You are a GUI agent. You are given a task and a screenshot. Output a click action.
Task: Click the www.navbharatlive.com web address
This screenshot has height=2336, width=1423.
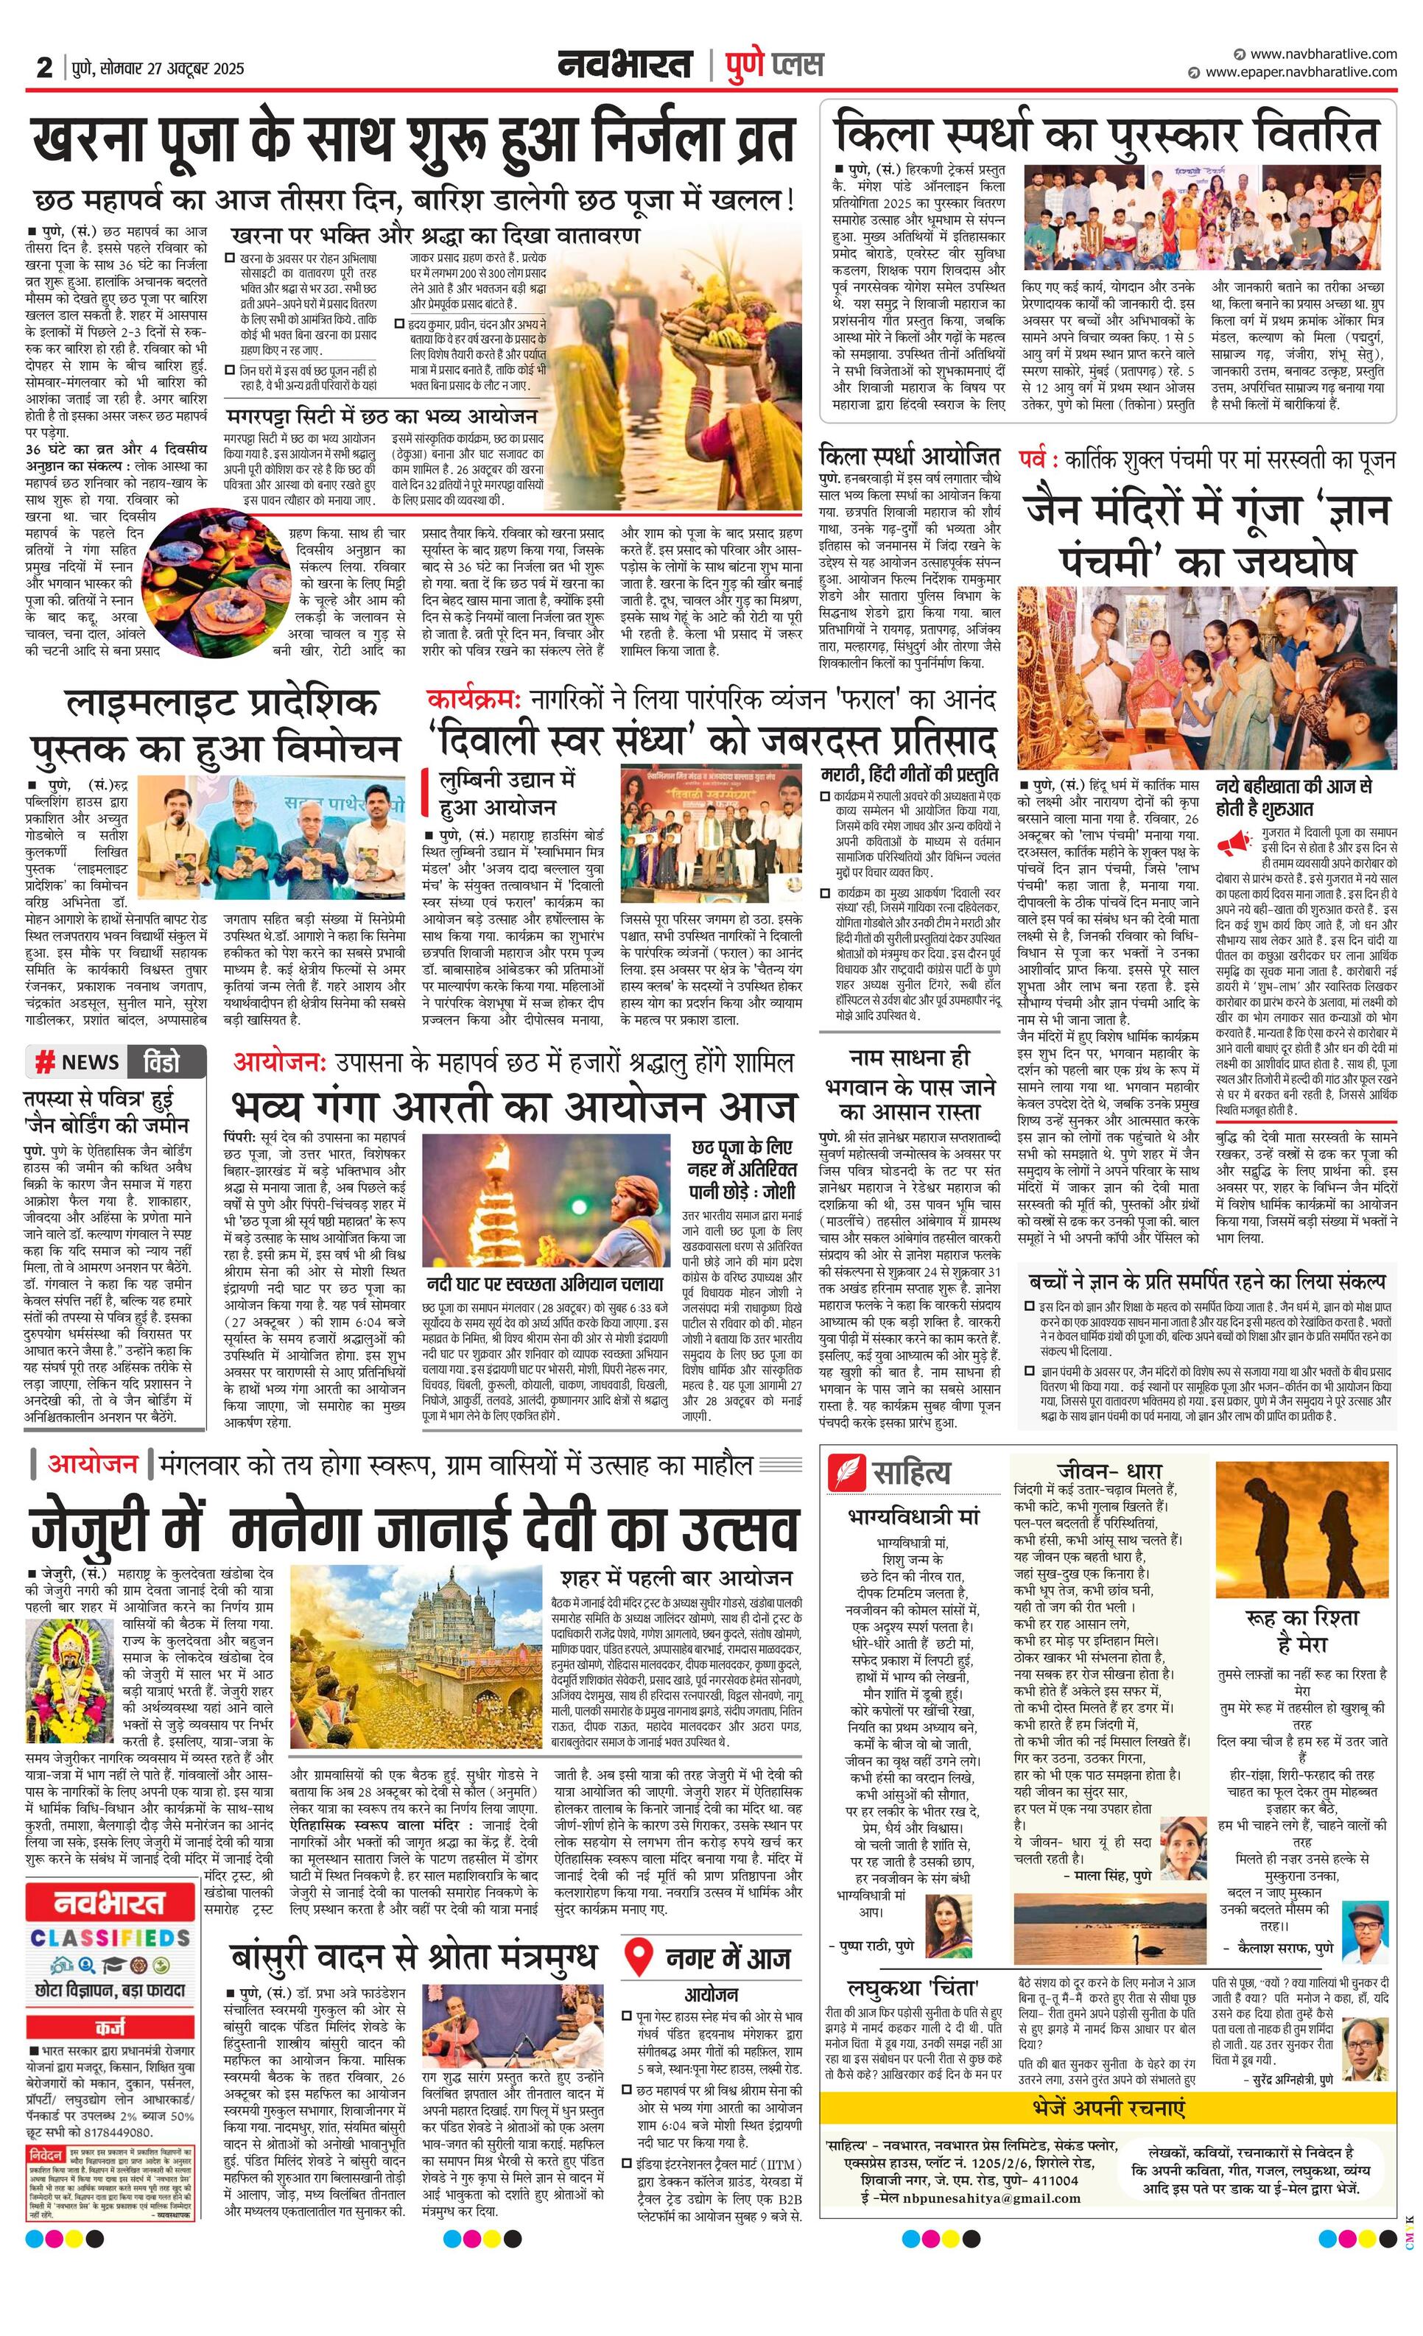point(1323,54)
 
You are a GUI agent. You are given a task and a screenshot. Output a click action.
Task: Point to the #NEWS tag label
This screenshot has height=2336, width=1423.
point(78,1062)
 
